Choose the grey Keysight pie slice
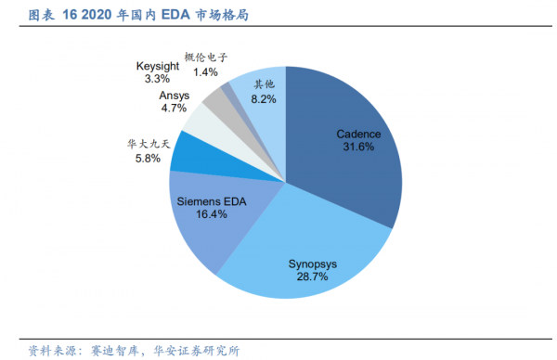click(220, 103)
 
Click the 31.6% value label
click(357, 147)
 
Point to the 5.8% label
click(148, 159)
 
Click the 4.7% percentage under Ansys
click(174, 109)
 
